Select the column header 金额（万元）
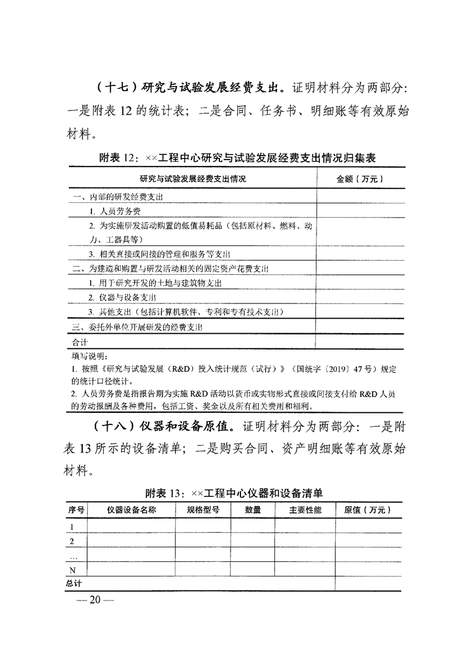pos(359,178)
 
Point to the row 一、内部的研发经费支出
pos(117,196)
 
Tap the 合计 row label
pos(79,342)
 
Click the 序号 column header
pos(76,510)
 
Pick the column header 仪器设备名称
pos(131,510)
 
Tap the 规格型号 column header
pos(203,510)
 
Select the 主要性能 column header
pos(305,510)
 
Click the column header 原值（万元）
pos(367,510)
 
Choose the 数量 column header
pos(253,510)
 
